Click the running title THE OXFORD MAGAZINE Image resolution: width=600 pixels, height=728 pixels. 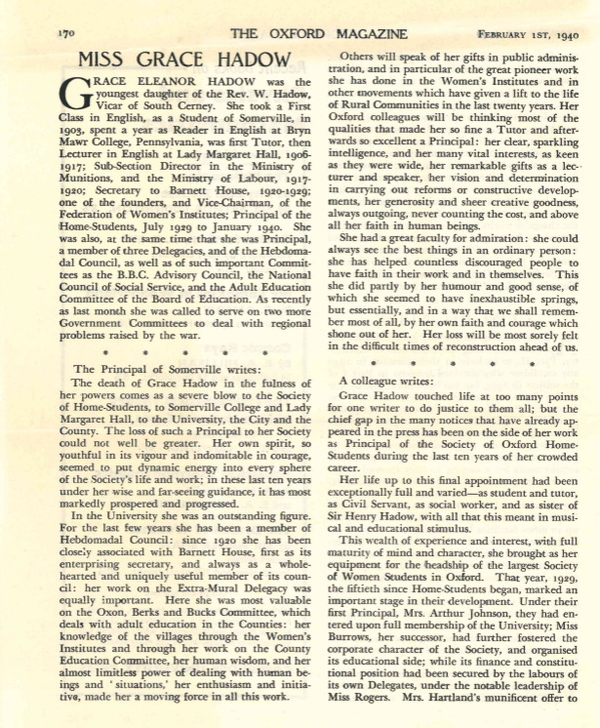tap(299, 32)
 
